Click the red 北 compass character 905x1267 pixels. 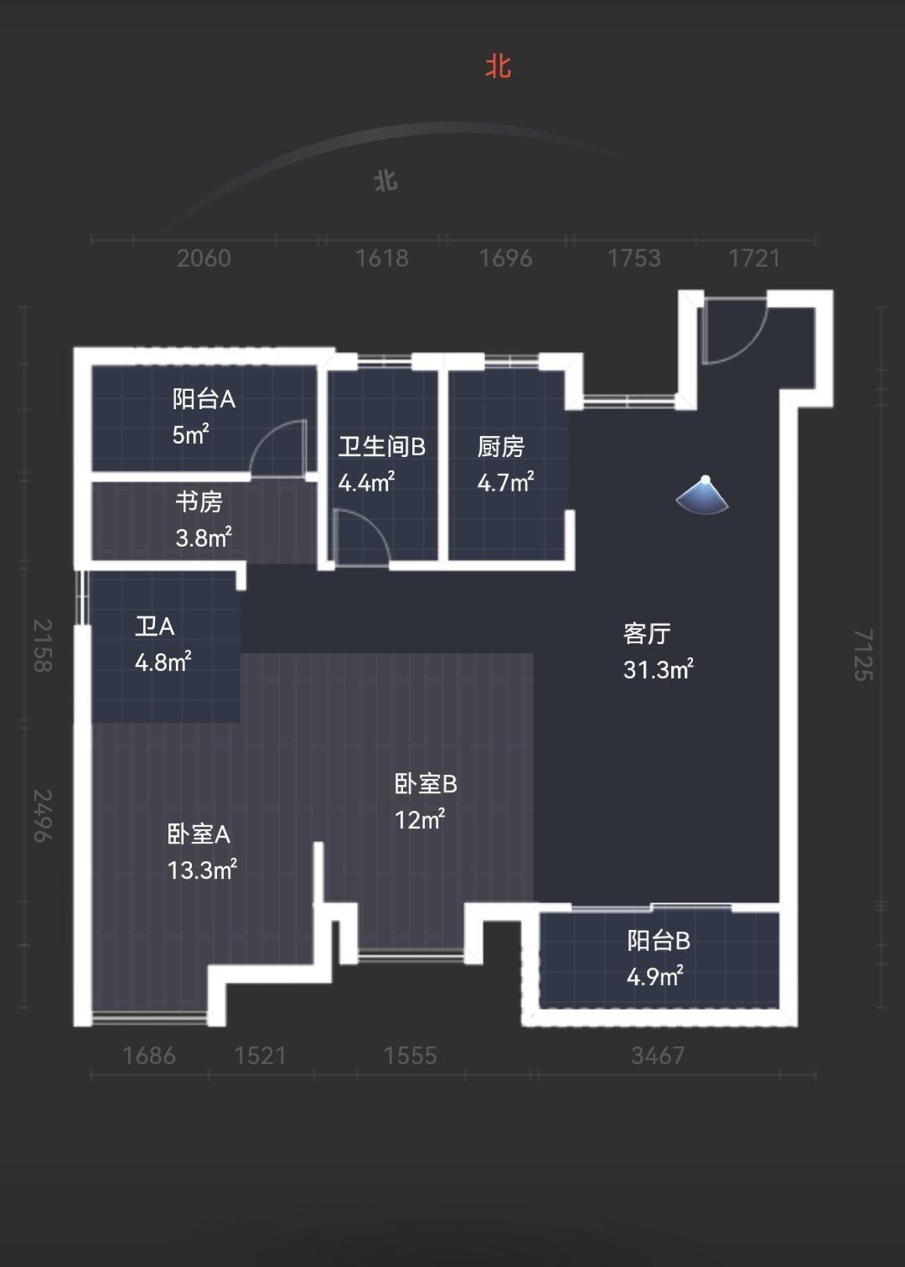[x=498, y=67]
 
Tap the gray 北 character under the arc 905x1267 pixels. [x=386, y=181]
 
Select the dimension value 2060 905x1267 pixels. [x=204, y=258]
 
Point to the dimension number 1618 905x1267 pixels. [x=381, y=258]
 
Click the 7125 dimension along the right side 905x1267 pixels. [x=863, y=654]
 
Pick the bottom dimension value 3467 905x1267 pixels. [x=658, y=1056]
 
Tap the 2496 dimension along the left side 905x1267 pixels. [x=43, y=816]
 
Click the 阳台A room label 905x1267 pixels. [x=204, y=399]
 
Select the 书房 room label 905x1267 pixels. [x=199, y=501]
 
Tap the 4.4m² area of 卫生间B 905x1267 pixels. [x=366, y=482]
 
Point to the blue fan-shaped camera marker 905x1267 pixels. [x=703, y=496]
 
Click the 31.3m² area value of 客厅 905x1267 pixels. [x=659, y=670]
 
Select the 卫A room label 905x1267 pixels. [x=154, y=626]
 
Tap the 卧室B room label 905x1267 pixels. [x=426, y=784]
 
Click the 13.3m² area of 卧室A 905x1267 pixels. [x=202, y=870]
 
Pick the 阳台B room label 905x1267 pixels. [x=659, y=941]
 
